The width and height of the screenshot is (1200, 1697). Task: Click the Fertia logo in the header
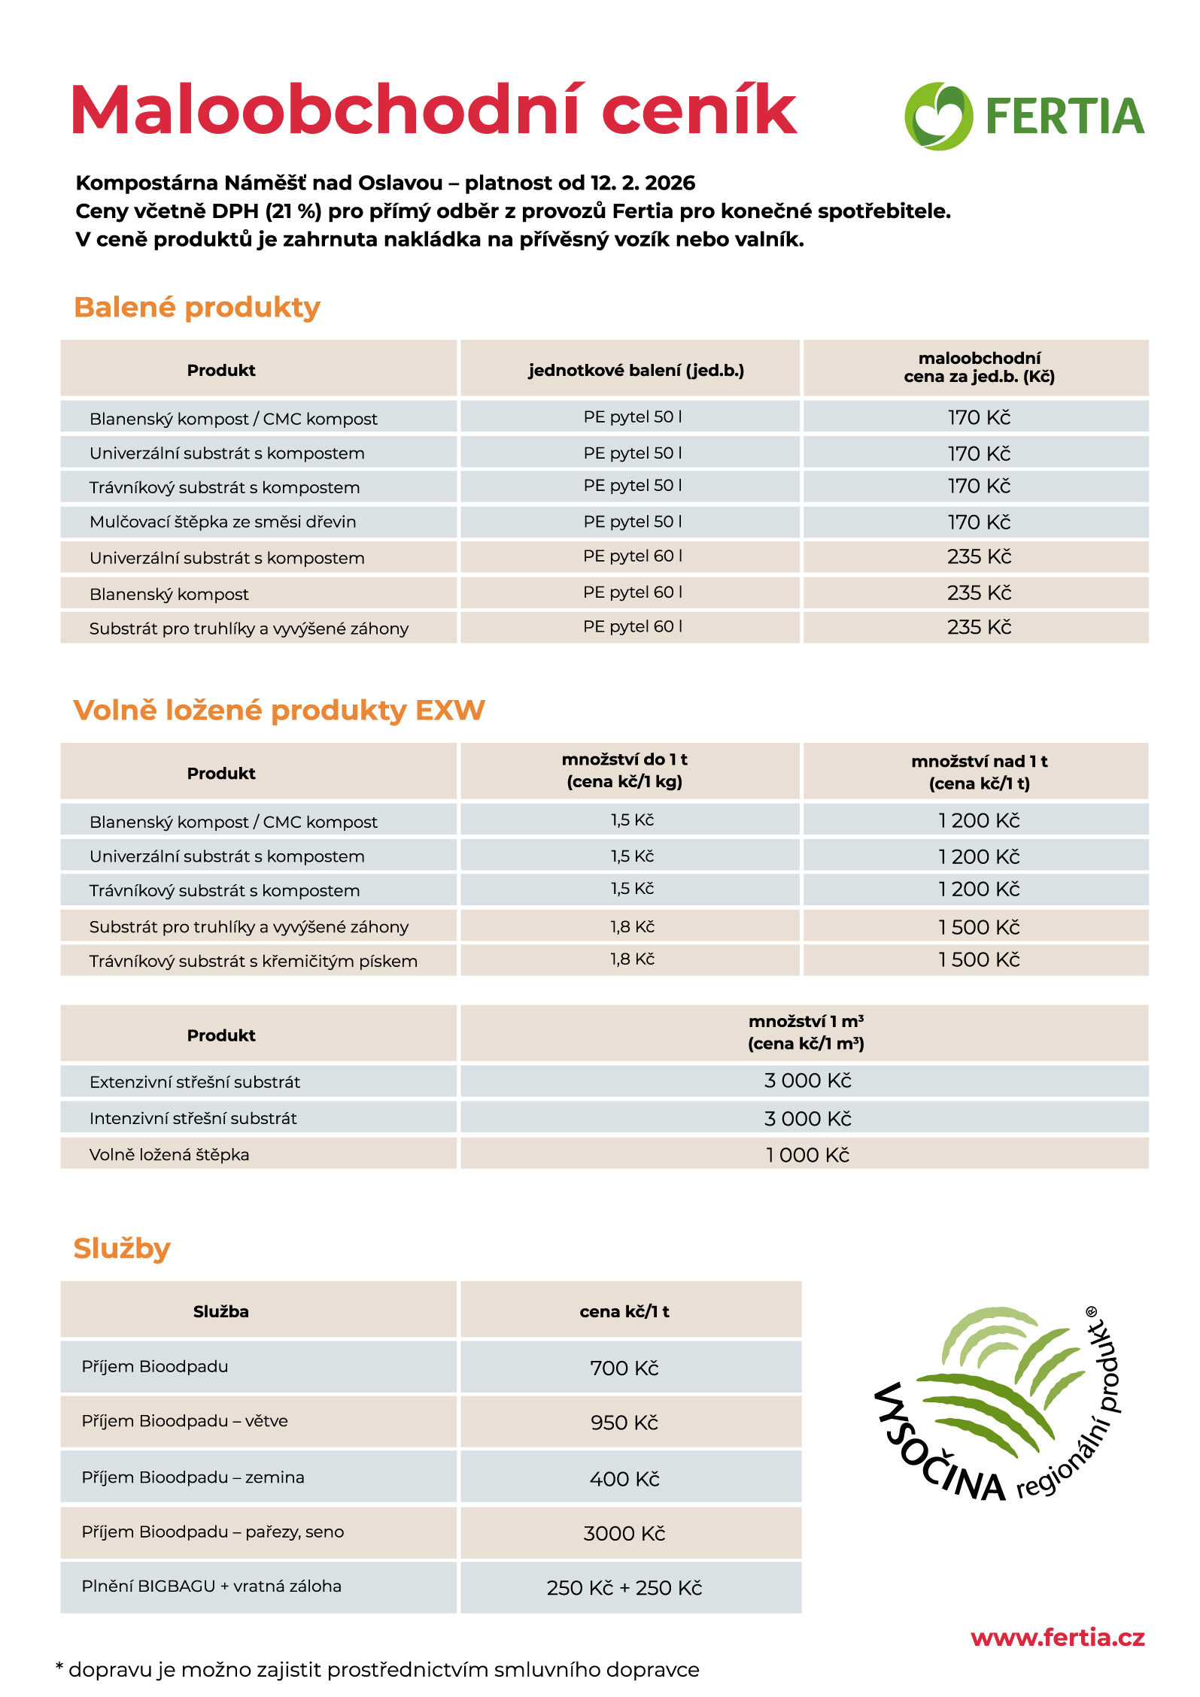point(1024,117)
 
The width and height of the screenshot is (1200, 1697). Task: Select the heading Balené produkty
point(197,308)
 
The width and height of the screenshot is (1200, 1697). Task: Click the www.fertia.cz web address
point(1057,1637)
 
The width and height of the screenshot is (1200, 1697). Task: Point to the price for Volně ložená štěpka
point(807,1155)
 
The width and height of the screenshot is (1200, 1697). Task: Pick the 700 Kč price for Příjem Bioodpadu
point(624,1368)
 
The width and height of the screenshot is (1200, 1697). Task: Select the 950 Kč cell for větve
point(624,1423)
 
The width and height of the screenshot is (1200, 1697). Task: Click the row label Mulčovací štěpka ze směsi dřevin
point(223,522)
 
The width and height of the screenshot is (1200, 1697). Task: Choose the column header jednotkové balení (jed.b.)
point(636,370)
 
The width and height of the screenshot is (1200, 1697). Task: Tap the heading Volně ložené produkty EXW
point(279,711)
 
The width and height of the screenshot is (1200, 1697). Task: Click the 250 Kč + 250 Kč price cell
point(624,1588)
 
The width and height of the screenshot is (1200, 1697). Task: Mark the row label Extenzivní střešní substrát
point(195,1082)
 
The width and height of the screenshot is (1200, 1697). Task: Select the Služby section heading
point(122,1248)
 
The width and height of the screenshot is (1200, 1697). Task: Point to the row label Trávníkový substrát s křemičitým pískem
point(254,961)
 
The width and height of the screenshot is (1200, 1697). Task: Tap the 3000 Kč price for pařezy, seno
point(624,1533)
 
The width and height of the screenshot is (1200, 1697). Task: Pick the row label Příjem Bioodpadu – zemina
point(193,1477)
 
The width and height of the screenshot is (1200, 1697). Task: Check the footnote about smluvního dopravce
point(378,1670)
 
